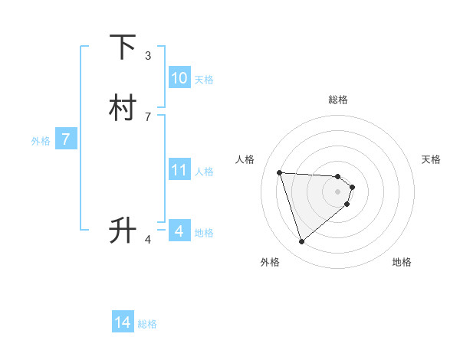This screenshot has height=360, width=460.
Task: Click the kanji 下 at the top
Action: click(x=123, y=48)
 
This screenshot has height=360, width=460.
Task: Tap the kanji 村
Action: click(x=123, y=108)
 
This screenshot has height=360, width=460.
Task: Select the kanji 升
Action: click(x=123, y=230)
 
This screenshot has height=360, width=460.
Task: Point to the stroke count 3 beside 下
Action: click(x=148, y=56)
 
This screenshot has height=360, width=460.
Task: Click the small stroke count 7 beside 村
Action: click(x=148, y=116)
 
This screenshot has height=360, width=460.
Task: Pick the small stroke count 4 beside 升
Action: click(x=148, y=240)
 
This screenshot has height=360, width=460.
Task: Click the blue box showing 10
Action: click(x=179, y=78)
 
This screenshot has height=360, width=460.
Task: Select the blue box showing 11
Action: click(x=179, y=170)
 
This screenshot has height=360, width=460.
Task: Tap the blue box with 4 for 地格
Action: click(x=179, y=231)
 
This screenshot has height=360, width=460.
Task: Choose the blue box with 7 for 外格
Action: click(x=66, y=140)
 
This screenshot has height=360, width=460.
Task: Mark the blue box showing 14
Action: click(x=123, y=323)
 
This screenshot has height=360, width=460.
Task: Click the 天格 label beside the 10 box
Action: click(x=204, y=80)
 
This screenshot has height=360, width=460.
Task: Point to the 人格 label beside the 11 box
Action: click(x=204, y=172)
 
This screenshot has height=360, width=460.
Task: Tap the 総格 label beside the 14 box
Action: click(x=147, y=325)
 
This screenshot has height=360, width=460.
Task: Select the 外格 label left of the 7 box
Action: click(x=40, y=141)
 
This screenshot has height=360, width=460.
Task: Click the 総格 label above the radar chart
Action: click(x=338, y=100)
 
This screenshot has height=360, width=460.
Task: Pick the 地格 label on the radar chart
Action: click(x=402, y=263)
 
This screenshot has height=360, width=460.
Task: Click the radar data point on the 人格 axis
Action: click(x=280, y=172)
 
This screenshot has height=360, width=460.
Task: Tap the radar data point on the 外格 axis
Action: click(x=301, y=242)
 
